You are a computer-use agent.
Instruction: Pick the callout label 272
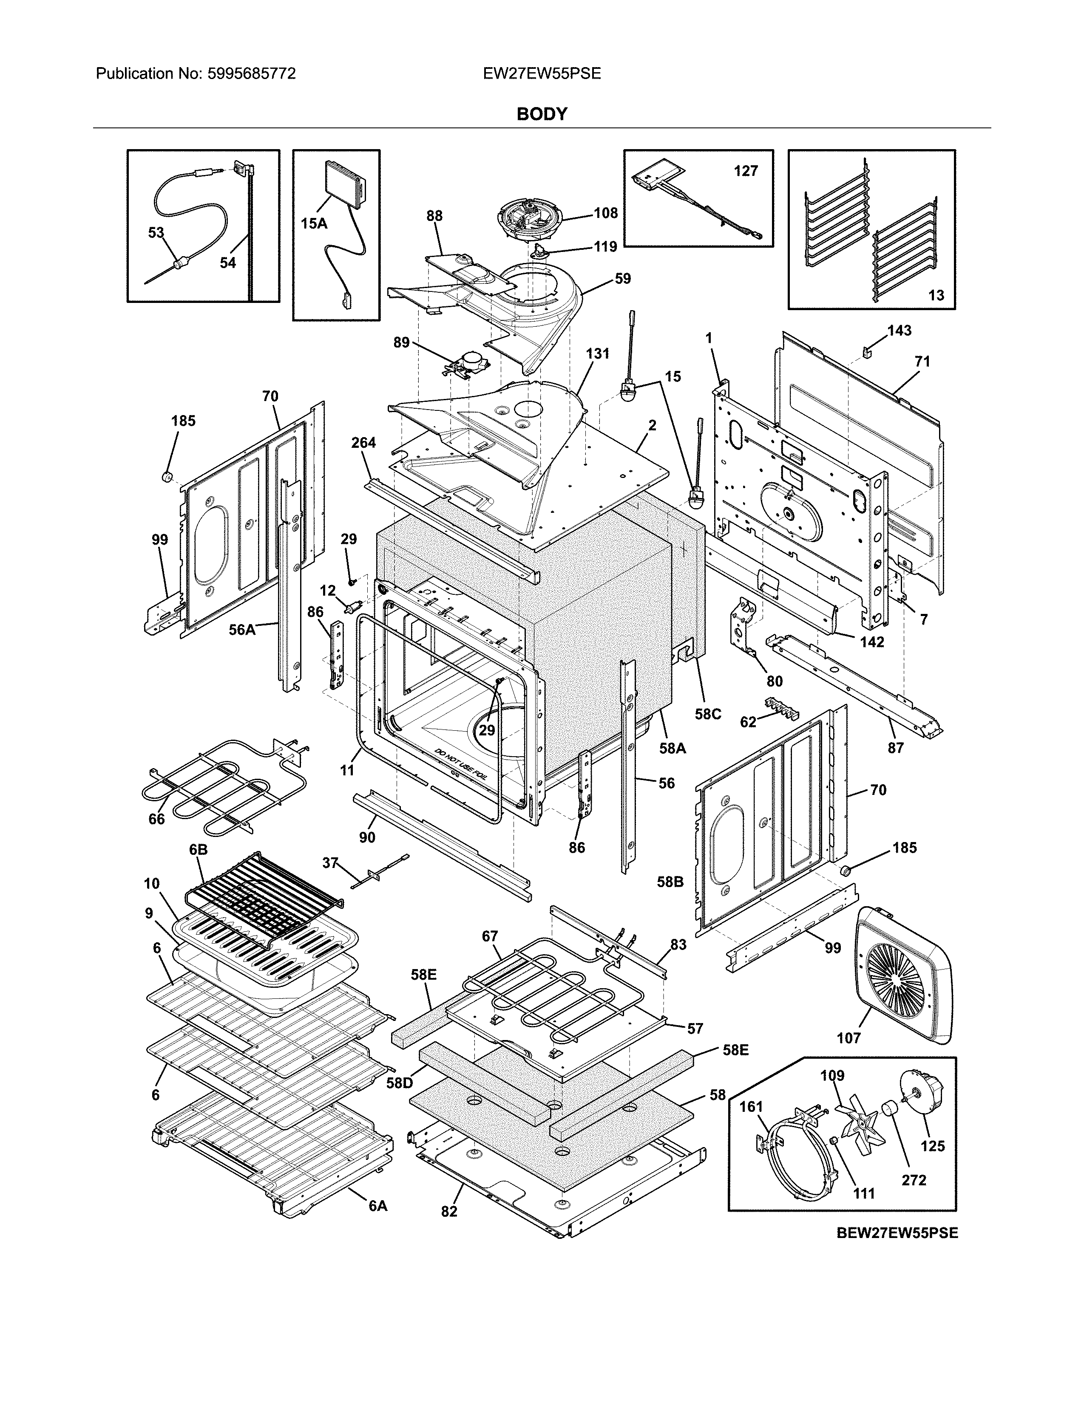[x=913, y=1180]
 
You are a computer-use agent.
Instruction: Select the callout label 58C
[x=708, y=714]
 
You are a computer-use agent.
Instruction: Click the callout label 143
[x=899, y=330]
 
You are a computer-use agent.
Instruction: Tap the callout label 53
[x=156, y=232]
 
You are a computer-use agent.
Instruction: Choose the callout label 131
[x=597, y=354]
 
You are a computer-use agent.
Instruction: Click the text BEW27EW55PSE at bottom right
[x=897, y=1232]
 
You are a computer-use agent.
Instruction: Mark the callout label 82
[x=449, y=1211]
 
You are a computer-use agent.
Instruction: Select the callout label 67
[x=490, y=937]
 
